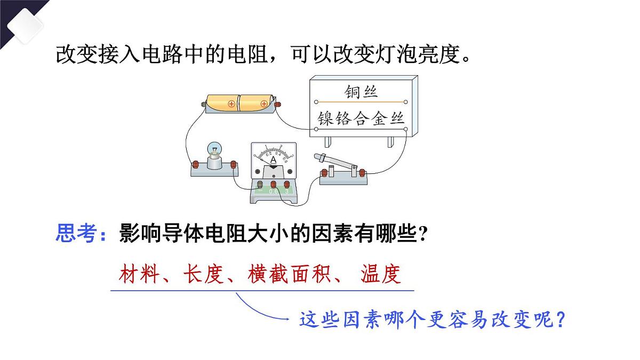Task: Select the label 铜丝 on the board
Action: (361, 92)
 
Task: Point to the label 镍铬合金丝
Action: (361, 118)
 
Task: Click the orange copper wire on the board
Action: (361, 102)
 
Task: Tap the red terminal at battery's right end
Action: (277, 105)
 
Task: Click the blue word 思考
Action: (76, 233)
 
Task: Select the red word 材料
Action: (139, 274)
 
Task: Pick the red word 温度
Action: (381, 274)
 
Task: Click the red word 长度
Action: (203, 274)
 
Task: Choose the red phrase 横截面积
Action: (289, 274)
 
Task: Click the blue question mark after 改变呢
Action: (561, 319)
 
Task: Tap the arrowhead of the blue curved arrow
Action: (286, 318)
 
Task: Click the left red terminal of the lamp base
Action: (195, 164)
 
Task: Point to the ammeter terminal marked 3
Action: (286, 185)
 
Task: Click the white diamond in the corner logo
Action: (25, 26)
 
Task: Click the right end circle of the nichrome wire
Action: (406, 129)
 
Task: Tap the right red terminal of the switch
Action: (362, 173)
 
